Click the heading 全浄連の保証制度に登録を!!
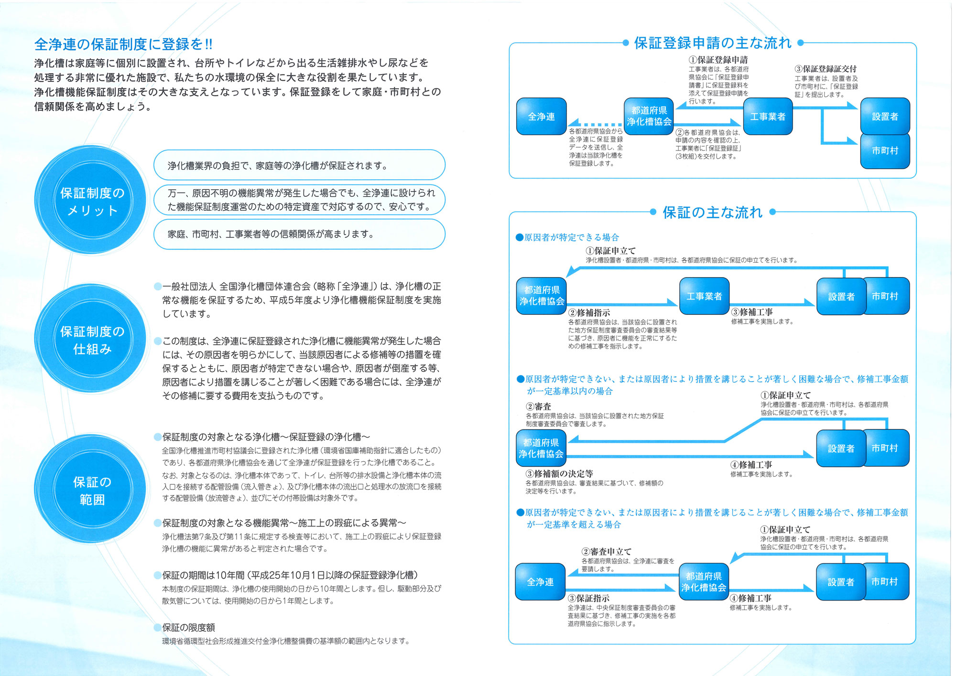(123, 44)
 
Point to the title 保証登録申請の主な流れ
(712, 43)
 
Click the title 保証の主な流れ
(712, 212)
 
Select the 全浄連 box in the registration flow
(541, 117)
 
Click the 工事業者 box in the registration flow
(768, 117)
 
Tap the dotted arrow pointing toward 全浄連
(595, 124)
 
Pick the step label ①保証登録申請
(718, 60)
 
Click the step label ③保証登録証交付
(826, 69)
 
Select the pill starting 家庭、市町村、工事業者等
(299, 234)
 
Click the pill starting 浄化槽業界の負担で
(299, 166)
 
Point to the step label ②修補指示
(589, 312)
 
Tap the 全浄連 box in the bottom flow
(540, 582)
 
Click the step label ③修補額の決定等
(559, 473)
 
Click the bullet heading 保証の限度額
(188, 627)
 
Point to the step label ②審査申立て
(606, 551)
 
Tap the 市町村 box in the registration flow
(885, 150)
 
